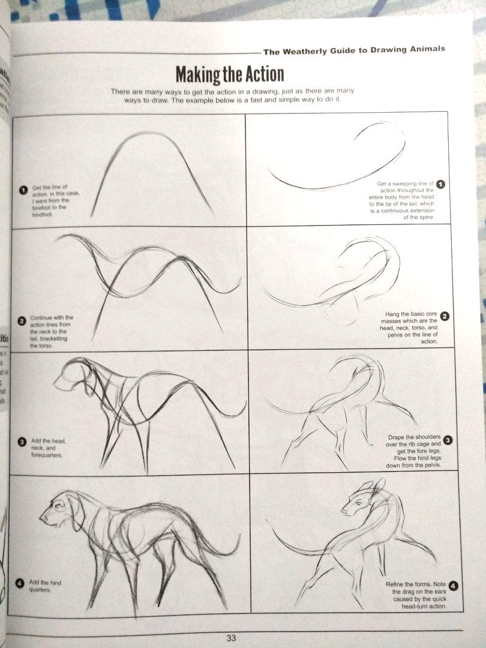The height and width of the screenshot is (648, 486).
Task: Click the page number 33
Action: (231, 638)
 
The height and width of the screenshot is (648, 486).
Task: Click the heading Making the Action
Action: (229, 75)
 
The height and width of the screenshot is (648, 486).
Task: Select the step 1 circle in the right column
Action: (440, 184)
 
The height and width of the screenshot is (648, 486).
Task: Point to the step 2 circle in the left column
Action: (22, 321)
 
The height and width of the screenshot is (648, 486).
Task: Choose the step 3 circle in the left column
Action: (22, 442)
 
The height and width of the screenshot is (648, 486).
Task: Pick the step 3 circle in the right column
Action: (448, 440)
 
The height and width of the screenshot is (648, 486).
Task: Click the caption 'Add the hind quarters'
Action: (45, 586)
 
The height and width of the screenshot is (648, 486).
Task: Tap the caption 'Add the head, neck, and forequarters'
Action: (48, 448)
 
